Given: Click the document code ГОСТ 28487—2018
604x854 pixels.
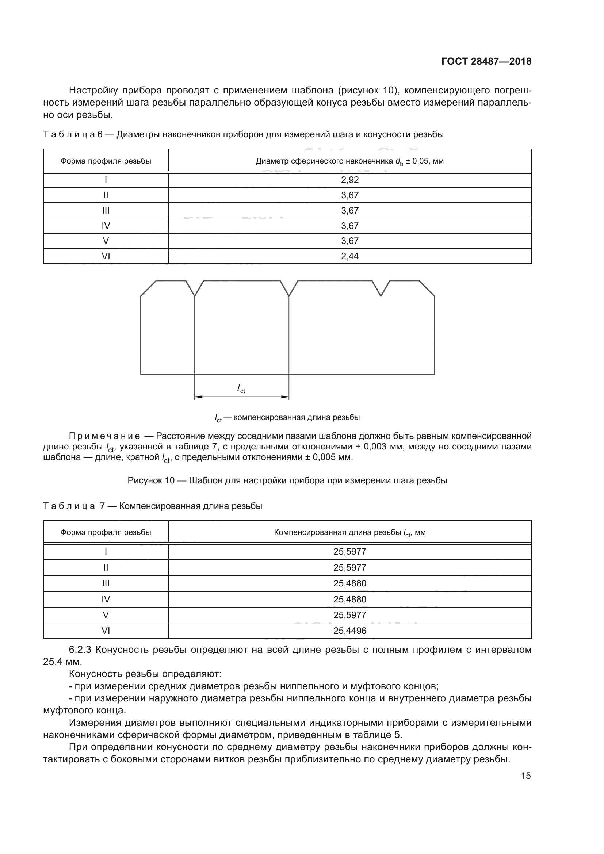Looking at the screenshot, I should coord(486,61).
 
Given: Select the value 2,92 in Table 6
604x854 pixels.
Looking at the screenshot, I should coord(349,180).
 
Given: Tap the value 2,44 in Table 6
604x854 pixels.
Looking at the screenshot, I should coord(349,256).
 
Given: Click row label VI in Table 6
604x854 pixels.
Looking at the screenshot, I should coord(106,256).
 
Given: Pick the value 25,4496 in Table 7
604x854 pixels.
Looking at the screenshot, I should coord(349,631).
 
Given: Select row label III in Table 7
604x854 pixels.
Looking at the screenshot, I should coord(106,583).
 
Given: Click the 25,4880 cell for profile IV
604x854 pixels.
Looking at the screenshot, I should coord(349,599).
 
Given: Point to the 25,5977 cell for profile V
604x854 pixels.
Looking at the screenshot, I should coord(349,615).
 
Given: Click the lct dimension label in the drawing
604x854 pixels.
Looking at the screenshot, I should coord(241,388).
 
